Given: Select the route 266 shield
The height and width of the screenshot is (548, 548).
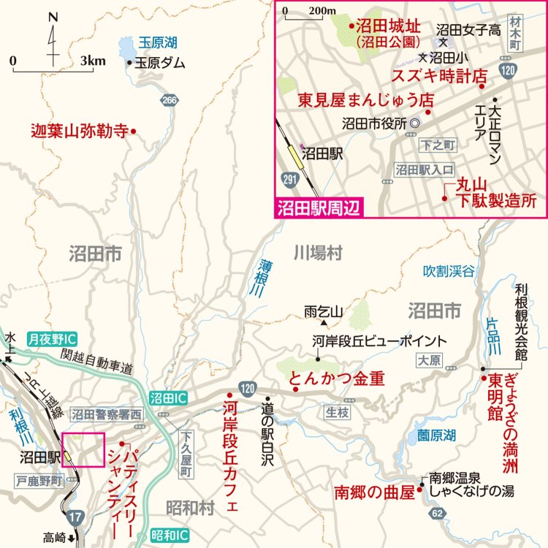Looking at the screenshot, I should click(x=170, y=100).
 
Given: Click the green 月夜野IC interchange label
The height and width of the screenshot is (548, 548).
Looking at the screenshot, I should click(x=53, y=339).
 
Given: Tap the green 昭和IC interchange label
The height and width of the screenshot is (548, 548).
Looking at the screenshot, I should click(x=170, y=536).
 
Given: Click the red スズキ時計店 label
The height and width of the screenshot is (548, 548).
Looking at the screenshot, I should click(x=439, y=75).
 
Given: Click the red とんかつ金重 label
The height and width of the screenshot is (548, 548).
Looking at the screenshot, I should click(x=337, y=378).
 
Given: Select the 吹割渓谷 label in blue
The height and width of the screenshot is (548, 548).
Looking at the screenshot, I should click(x=449, y=272).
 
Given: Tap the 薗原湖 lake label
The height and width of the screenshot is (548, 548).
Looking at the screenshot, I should click(x=436, y=435).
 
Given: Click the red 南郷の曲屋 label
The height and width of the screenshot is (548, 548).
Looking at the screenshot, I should click(x=373, y=490).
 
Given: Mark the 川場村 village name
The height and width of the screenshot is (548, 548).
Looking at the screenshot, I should click(x=318, y=254).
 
